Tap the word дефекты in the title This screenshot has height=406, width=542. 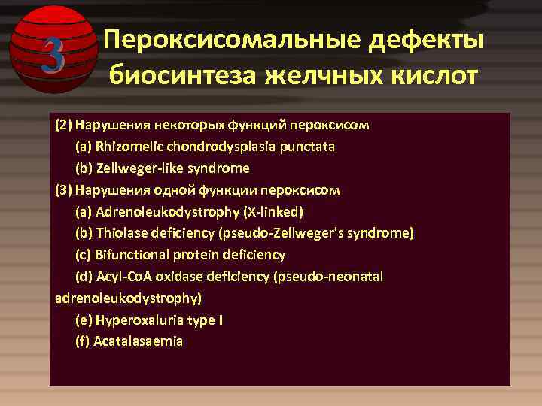[425, 41]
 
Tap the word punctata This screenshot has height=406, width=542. [308, 147]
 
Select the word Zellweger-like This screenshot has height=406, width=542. [136, 168]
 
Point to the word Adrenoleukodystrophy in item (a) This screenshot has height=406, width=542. [161, 212]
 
